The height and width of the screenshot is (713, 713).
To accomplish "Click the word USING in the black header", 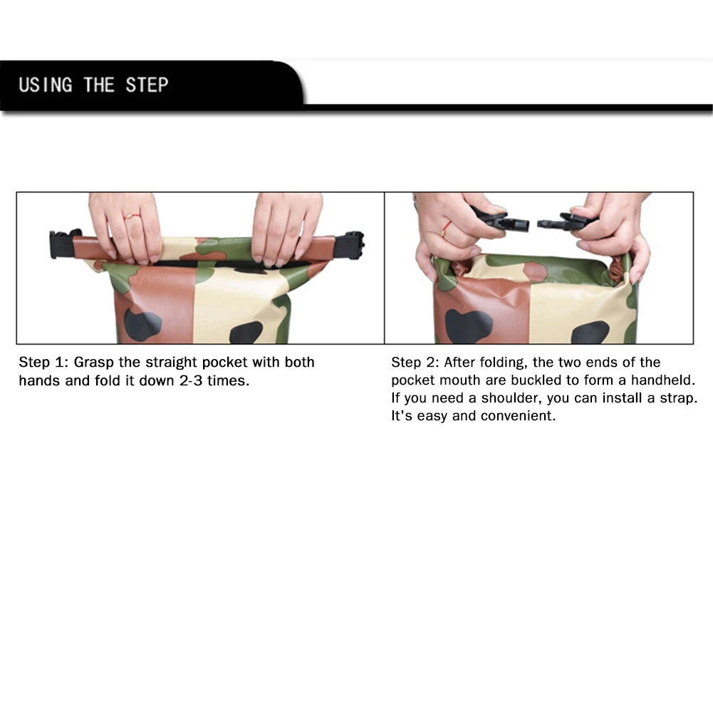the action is tap(46, 85).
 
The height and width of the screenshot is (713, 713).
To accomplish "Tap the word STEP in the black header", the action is tap(147, 85).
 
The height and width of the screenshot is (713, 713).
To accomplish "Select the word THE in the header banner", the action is tap(99, 85).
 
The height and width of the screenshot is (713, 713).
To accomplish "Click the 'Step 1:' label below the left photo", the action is tap(43, 363).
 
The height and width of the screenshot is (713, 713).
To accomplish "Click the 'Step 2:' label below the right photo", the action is tap(415, 363).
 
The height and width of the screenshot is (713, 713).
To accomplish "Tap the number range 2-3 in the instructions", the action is tap(190, 380).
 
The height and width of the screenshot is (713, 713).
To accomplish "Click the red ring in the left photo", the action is tap(132, 216).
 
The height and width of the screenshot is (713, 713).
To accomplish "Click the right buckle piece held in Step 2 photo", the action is tap(566, 221).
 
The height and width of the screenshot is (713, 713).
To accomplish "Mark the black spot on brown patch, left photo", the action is tap(142, 325).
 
